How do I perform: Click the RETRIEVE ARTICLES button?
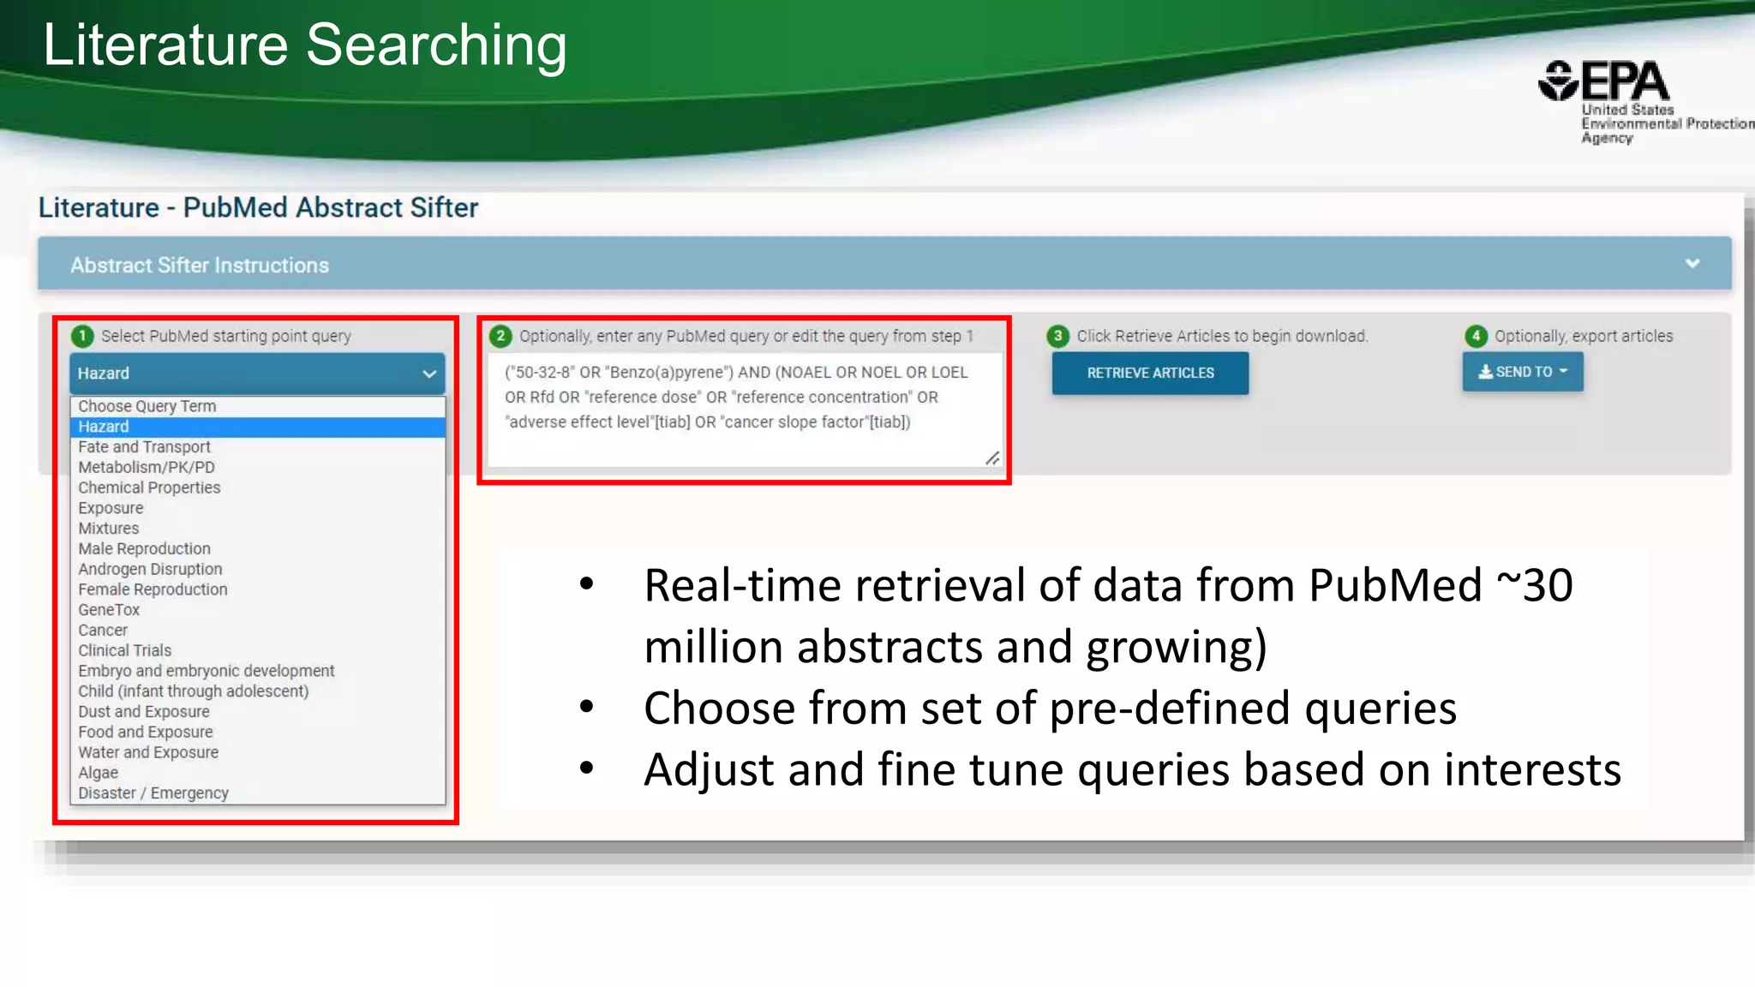1150,373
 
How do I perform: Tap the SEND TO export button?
1522,372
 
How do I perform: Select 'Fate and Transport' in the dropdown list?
144,446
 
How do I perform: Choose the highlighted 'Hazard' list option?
104,427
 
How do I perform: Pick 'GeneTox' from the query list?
109,610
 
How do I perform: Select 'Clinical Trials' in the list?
125,650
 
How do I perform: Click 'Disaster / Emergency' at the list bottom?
153,793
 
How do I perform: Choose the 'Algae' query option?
99,773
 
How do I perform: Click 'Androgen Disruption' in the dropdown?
150,569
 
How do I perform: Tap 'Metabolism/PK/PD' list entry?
147,467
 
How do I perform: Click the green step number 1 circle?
82,336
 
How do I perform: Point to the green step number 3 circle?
1058,336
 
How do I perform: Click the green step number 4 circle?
1476,336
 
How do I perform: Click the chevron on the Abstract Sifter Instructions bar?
1692,264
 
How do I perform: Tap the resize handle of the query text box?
992,458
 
